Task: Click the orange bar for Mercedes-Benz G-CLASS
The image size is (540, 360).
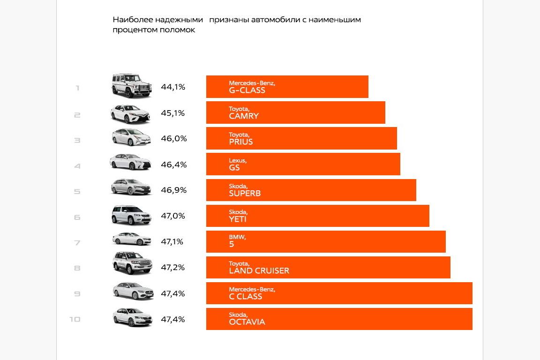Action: coord(287,87)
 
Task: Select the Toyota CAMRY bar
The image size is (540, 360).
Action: coord(295,112)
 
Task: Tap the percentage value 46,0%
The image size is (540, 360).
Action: coord(173,139)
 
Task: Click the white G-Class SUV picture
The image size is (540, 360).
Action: coord(132,86)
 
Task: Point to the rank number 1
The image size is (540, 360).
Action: coord(77,88)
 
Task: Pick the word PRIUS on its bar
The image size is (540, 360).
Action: coord(241,142)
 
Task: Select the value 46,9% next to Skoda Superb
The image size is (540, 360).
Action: coord(173,190)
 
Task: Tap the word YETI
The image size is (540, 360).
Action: coord(238,219)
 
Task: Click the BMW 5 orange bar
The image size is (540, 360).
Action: coord(326,241)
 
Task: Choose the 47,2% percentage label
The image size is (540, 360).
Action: coord(173,268)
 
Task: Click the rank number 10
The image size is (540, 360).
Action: coord(75,319)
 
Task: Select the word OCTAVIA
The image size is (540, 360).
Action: coord(247,322)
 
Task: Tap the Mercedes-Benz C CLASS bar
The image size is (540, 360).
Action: coord(339,293)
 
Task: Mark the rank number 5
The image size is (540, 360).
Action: coord(77,191)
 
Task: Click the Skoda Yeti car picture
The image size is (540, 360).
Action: coord(132,215)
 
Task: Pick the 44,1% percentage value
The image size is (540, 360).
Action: coord(173,87)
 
